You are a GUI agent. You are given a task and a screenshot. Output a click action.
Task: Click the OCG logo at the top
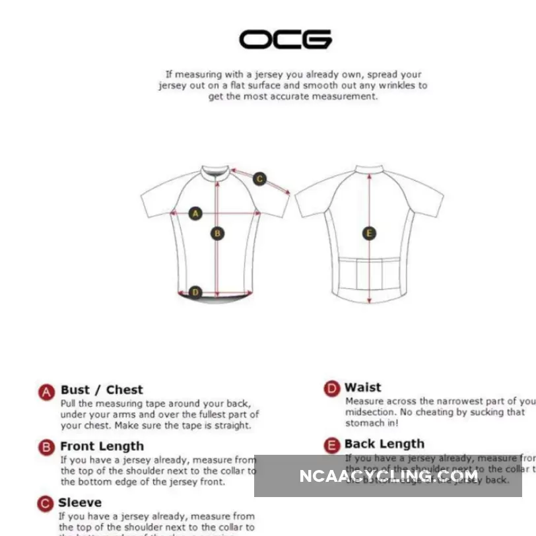point(285,40)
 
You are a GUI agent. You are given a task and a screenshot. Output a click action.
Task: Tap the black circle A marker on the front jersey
point(195,213)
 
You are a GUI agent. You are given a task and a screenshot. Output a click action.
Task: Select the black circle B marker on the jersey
point(217,233)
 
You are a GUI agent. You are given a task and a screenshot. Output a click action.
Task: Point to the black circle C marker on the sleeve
point(259,179)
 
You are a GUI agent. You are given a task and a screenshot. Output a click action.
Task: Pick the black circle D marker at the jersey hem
point(195,292)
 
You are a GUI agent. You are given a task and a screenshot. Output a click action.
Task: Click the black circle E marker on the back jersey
point(369,233)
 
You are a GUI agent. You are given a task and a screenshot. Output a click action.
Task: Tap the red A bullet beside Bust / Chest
point(46,392)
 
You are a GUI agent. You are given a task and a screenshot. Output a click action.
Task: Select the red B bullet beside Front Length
point(46,448)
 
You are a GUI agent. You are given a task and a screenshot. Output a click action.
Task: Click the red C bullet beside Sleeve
point(44,504)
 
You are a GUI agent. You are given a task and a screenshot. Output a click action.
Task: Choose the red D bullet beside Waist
point(331,389)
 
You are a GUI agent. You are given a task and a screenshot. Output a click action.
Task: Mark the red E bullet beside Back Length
point(331,446)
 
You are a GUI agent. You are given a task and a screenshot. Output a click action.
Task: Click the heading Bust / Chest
point(102,389)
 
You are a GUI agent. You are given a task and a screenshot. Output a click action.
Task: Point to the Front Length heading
point(102,446)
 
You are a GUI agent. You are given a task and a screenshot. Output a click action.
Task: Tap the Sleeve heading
point(80,503)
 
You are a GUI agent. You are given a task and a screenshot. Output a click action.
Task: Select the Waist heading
point(363,387)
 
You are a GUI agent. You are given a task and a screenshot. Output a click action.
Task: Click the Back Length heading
point(384,444)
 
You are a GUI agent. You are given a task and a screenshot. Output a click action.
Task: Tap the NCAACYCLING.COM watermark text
point(389,476)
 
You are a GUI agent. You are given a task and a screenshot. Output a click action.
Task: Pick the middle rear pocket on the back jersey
point(369,274)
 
